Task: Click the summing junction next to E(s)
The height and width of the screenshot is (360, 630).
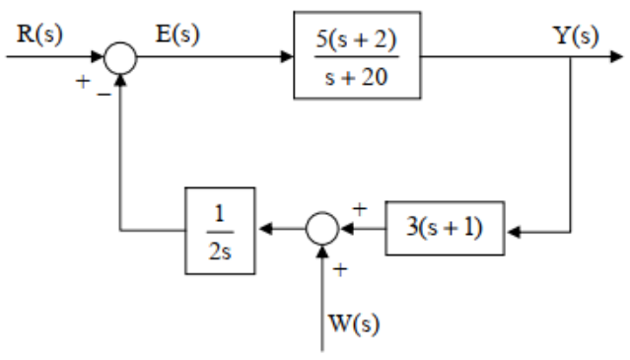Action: click(119, 56)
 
